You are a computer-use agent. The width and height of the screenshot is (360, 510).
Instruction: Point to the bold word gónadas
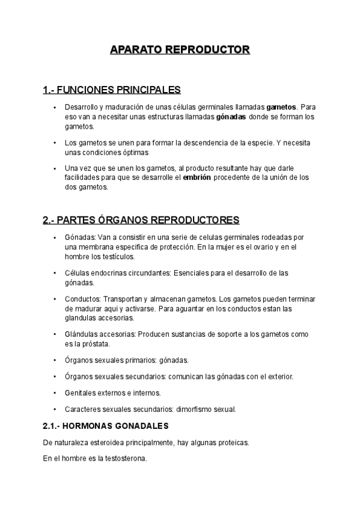click(231, 117)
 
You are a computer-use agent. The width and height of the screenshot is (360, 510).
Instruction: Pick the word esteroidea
click(106, 442)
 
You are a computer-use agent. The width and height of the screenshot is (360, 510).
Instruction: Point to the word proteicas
click(230, 442)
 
